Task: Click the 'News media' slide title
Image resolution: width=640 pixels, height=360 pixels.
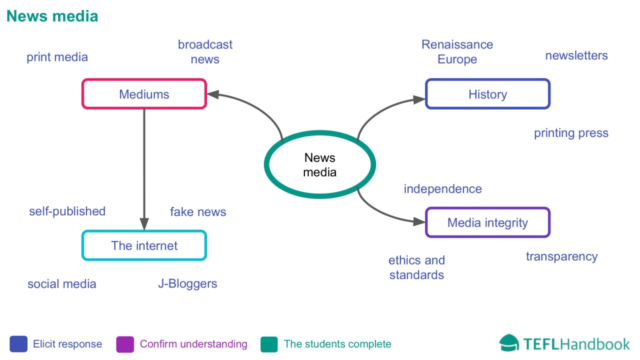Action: (52, 16)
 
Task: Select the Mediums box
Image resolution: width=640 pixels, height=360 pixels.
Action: (144, 94)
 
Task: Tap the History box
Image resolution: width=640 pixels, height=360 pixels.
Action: (487, 94)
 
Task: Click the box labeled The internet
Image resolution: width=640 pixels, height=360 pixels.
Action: (144, 245)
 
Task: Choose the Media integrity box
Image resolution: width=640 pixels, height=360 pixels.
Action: (487, 222)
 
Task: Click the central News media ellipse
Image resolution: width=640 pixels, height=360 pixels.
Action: (320, 164)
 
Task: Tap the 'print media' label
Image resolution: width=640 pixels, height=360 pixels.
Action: (57, 57)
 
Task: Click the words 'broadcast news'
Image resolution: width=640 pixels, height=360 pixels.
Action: (205, 51)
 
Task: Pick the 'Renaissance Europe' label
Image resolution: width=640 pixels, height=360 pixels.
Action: (457, 51)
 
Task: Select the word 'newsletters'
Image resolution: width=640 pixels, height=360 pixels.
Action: (576, 55)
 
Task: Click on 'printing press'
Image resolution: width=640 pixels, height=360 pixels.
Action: (571, 133)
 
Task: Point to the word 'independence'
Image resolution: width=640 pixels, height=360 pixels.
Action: (442, 189)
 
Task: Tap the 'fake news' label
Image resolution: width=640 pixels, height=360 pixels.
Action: (198, 212)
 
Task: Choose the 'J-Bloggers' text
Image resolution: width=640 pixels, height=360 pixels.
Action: (187, 283)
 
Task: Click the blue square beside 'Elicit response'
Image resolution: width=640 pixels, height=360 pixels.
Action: (18, 344)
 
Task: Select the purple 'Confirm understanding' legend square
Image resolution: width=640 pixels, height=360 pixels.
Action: (125, 344)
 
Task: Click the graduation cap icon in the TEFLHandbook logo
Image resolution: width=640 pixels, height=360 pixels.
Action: (509, 343)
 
